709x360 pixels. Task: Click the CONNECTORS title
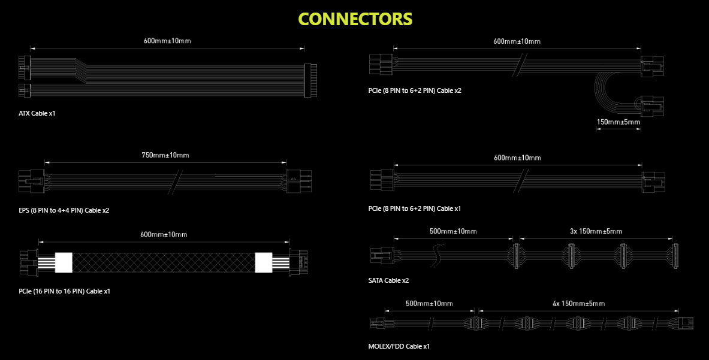(x=355, y=19)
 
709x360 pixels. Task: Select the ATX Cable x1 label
(x=37, y=113)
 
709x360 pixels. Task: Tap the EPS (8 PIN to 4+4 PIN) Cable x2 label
(x=64, y=210)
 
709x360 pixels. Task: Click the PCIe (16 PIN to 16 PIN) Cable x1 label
(x=64, y=291)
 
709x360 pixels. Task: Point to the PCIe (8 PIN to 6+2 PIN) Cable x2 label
(x=415, y=91)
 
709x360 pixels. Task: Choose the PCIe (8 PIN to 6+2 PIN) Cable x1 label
(x=415, y=208)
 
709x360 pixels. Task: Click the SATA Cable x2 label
(x=388, y=280)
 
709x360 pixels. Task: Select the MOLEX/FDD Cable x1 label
(x=399, y=346)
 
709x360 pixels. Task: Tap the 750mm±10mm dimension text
(x=165, y=155)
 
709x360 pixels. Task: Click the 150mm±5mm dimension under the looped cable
(x=619, y=122)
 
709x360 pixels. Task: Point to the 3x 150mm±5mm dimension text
(x=596, y=231)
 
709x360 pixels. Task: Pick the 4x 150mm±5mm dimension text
(x=579, y=304)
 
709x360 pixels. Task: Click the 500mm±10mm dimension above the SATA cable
(x=453, y=231)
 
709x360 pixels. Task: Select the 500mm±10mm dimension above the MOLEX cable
(x=429, y=304)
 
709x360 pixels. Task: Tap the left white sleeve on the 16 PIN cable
(x=64, y=262)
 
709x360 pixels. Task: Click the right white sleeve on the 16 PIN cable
(x=264, y=262)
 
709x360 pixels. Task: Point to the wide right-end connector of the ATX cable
(x=310, y=80)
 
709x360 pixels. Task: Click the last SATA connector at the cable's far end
(x=675, y=256)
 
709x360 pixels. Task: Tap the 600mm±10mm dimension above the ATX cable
(x=167, y=41)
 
